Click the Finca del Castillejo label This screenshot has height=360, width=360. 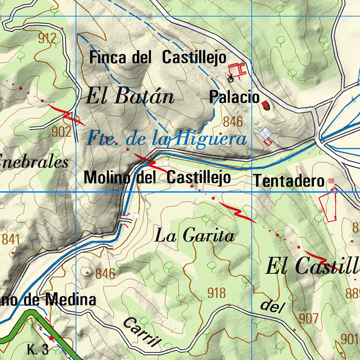(x=158, y=57)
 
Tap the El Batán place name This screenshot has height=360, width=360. (x=130, y=96)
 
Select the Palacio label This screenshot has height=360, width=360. (x=234, y=97)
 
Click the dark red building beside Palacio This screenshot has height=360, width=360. (x=265, y=105)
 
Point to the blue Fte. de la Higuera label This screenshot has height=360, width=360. (x=166, y=138)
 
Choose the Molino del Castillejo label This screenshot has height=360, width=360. (x=157, y=178)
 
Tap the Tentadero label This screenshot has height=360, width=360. (x=289, y=181)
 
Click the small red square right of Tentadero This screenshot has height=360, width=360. (x=331, y=181)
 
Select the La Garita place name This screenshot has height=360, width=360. (x=194, y=236)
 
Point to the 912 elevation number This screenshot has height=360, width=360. (x=47, y=38)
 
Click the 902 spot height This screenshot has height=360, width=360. (x=61, y=132)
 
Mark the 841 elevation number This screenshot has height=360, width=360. (x=10, y=239)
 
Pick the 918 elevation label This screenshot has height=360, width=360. (x=216, y=293)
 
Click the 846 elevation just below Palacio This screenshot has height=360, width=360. (x=233, y=122)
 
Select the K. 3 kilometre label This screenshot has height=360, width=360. (x=38, y=350)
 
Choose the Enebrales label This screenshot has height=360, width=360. (x=33, y=162)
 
